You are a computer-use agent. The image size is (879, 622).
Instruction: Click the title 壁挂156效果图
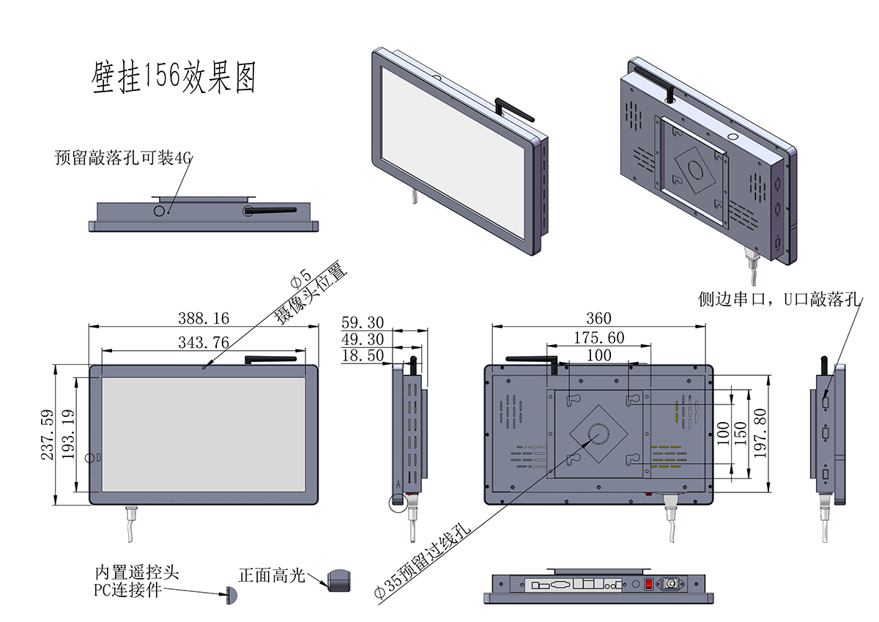pyautogui.click(x=174, y=77)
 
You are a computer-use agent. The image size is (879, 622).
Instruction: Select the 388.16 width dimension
pyautogui.click(x=204, y=318)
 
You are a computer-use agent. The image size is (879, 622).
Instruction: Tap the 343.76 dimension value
pyautogui.click(x=204, y=341)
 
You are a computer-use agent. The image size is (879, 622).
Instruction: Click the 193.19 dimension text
pyautogui.click(x=67, y=434)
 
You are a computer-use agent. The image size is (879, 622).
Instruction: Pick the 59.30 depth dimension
pyautogui.click(x=363, y=322)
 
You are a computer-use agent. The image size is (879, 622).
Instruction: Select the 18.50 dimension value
pyautogui.click(x=363, y=355)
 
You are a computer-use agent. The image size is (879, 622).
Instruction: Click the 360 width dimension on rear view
pyautogui.click(x=598, y=318)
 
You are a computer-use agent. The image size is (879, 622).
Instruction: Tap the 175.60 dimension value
pyautogui.click(x=598, y=337)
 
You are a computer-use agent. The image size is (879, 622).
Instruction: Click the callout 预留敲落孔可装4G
pyautogui.click(x=122, y=158)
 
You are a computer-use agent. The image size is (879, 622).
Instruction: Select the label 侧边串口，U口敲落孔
pyautogui.click(x=780, y=300)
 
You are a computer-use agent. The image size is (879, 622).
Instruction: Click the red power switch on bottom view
pyautogui.click(x=648, y=584)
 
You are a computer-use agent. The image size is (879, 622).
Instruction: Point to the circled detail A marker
pyautogui.click(x=399, y=502)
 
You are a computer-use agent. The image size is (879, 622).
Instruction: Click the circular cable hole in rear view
pyautogui.click(x=598, y=434)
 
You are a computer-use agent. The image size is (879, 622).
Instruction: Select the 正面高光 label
pyautogui.click(x=271, y=576)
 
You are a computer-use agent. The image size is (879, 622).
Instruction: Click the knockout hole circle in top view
pyautogui.click(x=160, y=210)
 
